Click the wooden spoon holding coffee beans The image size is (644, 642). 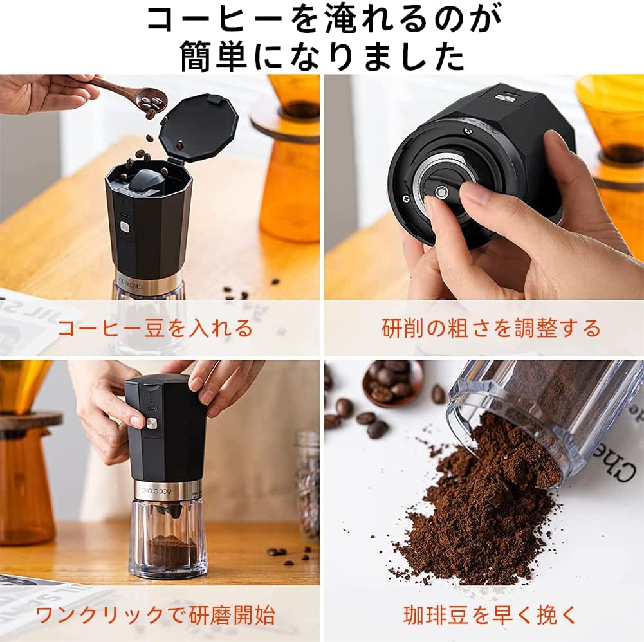click(138, 97)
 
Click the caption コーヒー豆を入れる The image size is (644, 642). click(155, 329)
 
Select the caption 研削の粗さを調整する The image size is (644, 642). click(491, 329)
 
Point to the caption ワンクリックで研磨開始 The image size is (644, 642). click(155, 615)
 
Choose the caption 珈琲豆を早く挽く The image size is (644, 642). click(491, 615)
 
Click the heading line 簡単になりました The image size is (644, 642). click(322, 57)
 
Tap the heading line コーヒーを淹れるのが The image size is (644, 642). click(322, 19)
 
